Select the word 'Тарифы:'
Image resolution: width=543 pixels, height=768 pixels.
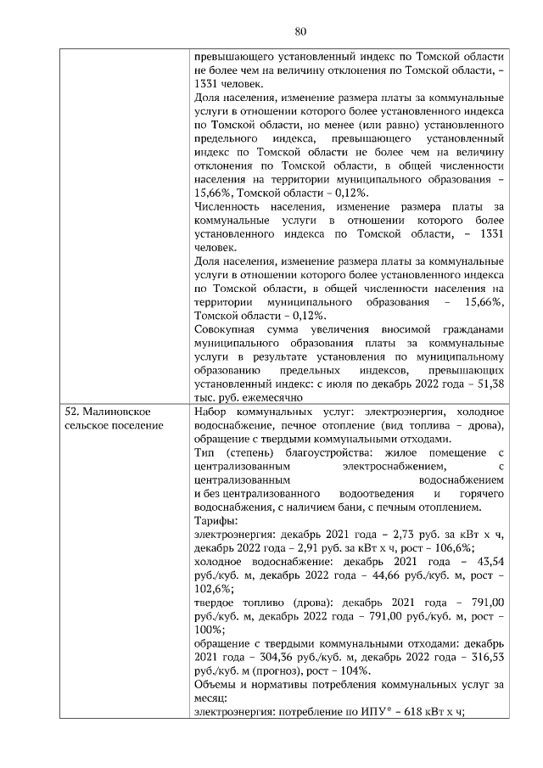pyautogui.click(x=216, y=520)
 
